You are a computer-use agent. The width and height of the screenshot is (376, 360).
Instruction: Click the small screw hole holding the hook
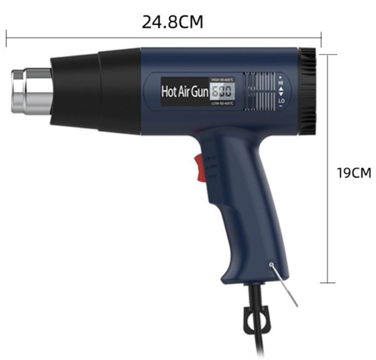pos(270,264)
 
